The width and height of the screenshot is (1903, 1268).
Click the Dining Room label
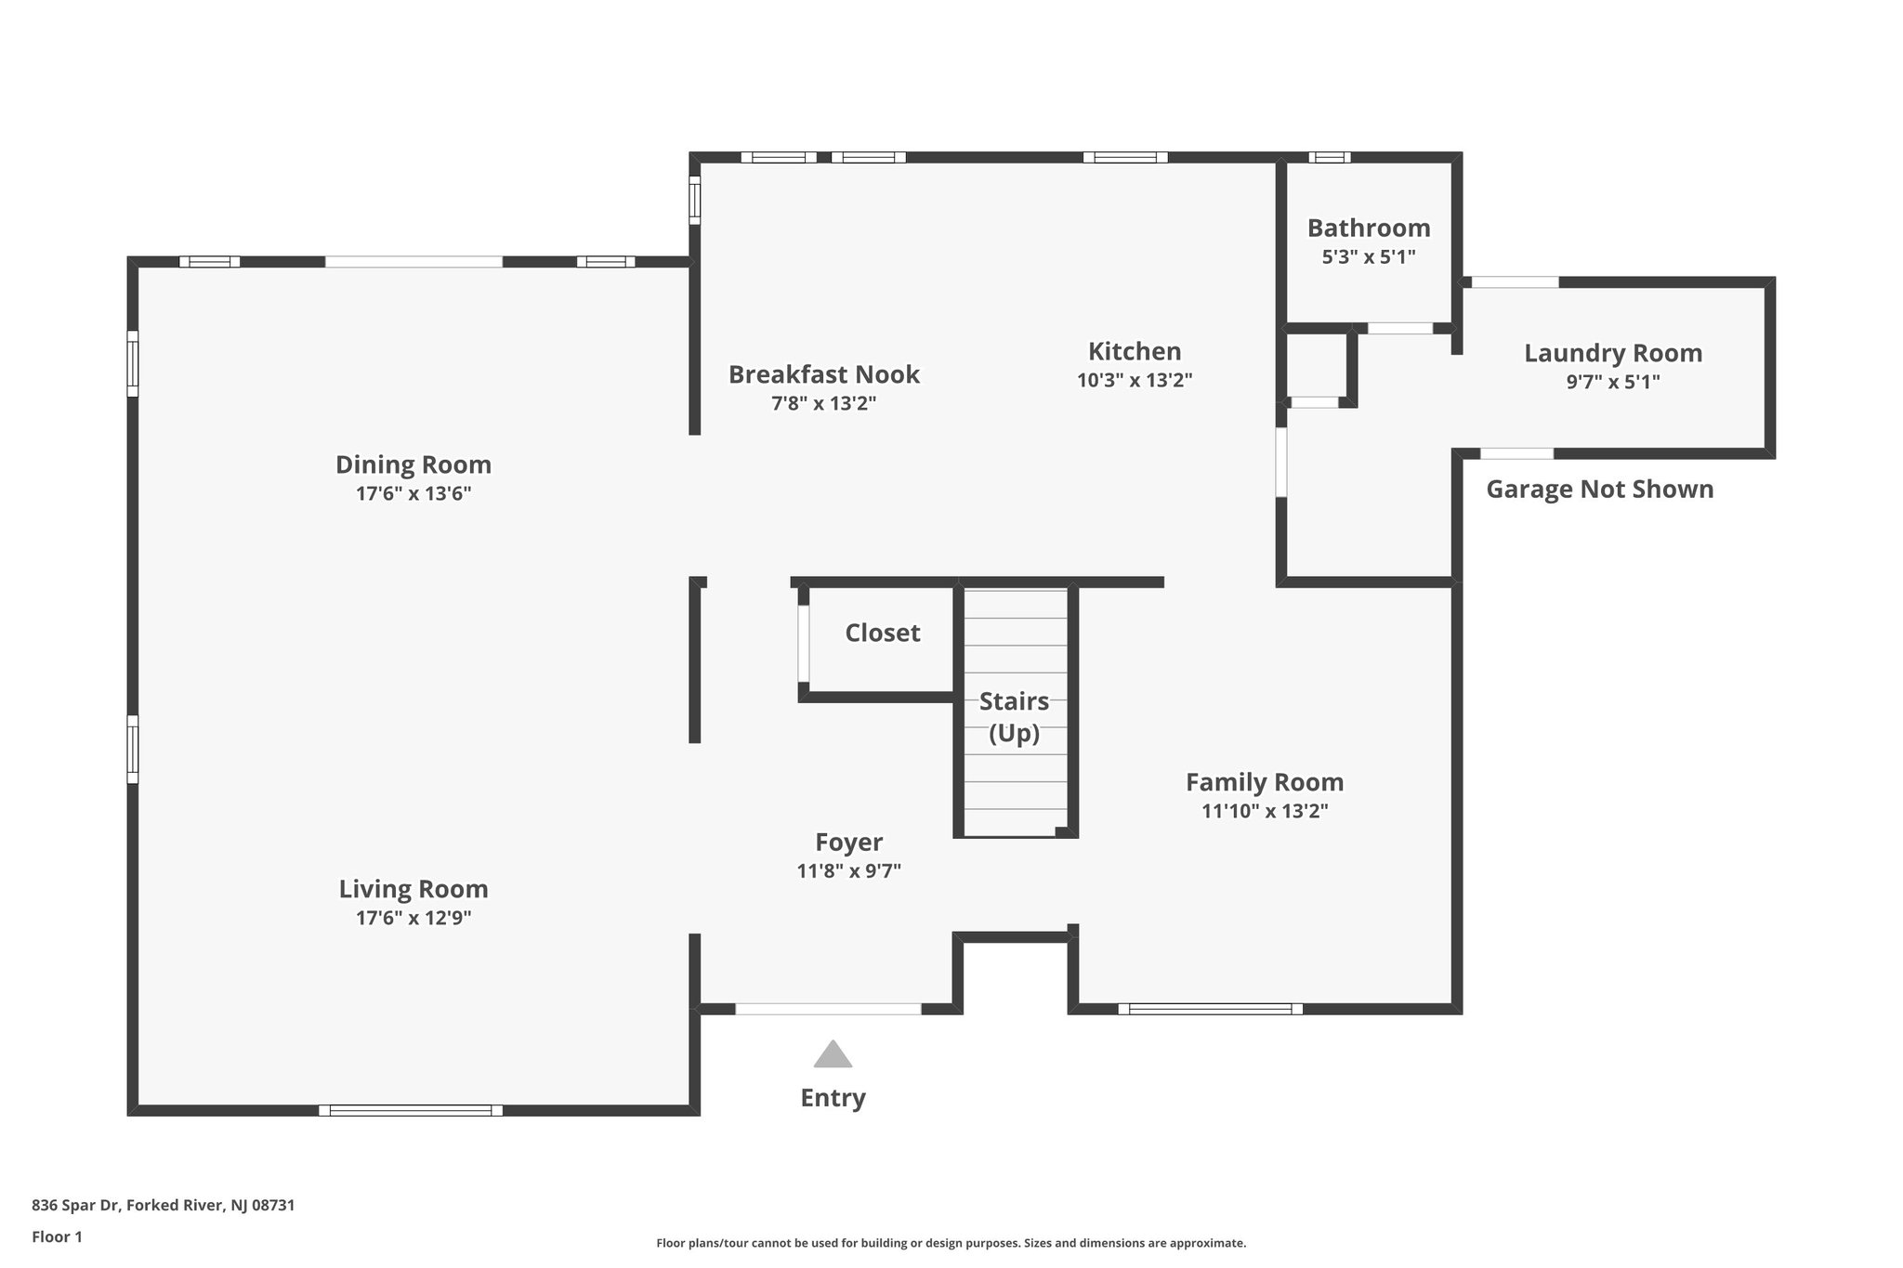coord(413,464)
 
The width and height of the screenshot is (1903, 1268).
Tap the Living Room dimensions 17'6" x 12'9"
coord(413,918)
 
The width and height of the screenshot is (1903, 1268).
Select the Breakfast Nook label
coord(823,374)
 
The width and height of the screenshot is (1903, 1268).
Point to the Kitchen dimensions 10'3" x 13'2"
coord(1135,380)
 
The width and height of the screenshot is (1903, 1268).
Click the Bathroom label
coord(1369,228)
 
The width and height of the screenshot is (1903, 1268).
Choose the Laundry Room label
coord(1613,353)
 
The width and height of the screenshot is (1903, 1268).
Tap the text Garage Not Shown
coord(1599,490)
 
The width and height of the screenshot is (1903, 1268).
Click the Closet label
coord(882,633)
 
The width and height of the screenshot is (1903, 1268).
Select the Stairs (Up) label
coord(1014,716)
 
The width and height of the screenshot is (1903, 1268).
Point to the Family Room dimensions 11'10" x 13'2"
coord(1265,811)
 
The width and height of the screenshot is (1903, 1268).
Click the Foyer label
coord(848,843)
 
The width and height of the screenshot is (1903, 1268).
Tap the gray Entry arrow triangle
coord(833,1055)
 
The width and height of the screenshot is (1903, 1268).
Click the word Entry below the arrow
coord(833,1098)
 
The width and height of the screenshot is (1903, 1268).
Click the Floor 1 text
coord(57,1236)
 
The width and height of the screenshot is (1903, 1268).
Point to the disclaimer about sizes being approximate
coord(951,1243)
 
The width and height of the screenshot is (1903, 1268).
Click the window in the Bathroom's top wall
coord(1330,157)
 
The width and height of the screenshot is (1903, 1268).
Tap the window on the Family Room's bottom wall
coord(1210,1009)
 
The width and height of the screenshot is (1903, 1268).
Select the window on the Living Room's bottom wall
coord(411,1110)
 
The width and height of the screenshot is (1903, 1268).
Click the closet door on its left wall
coord(803,644)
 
